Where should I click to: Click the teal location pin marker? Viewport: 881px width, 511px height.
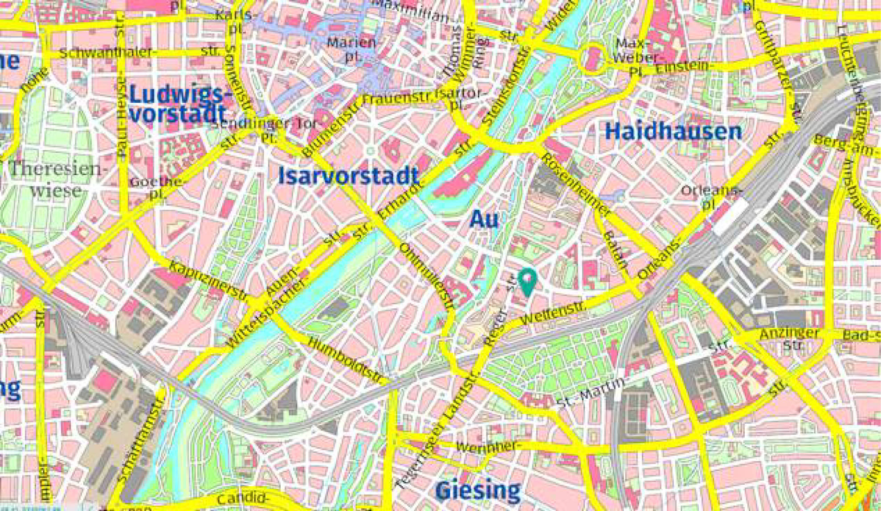[x=528, y=281]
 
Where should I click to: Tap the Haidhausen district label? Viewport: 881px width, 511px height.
[x=673, y=131]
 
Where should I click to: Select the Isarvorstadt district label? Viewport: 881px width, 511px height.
[x=348, y=176]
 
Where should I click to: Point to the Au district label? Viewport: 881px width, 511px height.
[x=484, y=219]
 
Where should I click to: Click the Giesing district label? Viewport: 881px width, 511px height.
[x=477, y=491]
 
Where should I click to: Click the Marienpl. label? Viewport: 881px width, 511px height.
[x=352, y=49]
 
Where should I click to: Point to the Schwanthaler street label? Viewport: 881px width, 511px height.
[x=107, y=53]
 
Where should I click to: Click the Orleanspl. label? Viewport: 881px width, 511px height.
[x=711, y=196]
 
